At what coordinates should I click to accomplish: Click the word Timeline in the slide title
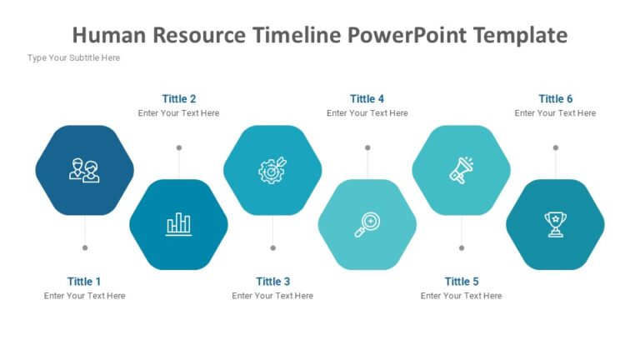coord(296,35)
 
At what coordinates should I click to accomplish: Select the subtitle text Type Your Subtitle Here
coord(73,58)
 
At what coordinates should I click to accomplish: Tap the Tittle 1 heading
coord(84,282)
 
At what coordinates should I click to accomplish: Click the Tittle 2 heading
coord(179,99)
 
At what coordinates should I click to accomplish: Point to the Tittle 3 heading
coord(273,282)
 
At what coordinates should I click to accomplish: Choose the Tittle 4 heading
coord(367,99)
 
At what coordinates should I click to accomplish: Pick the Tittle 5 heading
coord(462,282)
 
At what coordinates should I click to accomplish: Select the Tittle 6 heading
coord(556,99)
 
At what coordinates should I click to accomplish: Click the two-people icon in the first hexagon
coord(84,170)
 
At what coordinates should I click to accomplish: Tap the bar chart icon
coord(178,224)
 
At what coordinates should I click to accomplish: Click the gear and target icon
coord(272,170)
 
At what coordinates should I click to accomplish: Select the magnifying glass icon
coord(367,224)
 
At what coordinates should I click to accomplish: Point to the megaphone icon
coord(461,170)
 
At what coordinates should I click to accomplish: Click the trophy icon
coord(555,224)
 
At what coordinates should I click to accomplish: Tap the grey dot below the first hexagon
coord(84,247)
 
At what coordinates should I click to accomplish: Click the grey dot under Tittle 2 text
coord(178,147)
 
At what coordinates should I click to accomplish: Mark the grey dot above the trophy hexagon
coord(556,147)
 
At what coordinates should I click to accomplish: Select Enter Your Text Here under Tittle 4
coord(367,113)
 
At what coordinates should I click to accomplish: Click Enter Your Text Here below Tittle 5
coord(462,296)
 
